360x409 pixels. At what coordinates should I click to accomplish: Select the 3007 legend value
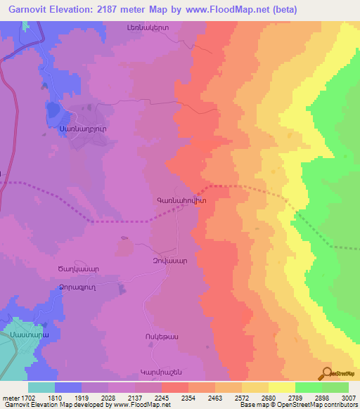click(x=349, y=398)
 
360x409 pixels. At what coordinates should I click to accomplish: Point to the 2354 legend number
click(x=188, y=398)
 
